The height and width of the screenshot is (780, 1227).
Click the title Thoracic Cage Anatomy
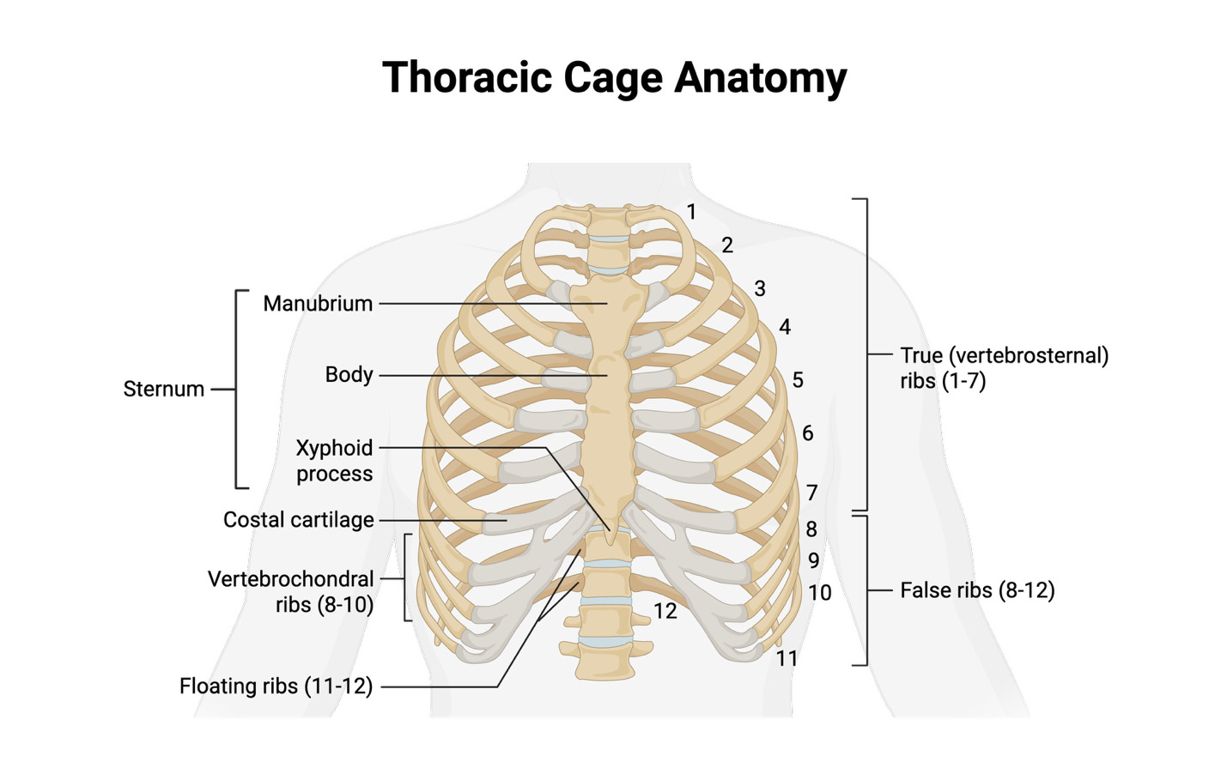pos(614,78)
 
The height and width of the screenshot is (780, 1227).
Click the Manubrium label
pos(318,304)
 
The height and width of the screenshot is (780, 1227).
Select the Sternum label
pos(163,389)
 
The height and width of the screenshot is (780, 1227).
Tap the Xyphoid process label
pos(334,461)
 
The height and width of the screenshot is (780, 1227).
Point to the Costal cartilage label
pos(298,520)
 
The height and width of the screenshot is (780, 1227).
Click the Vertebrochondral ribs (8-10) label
pos(292,592)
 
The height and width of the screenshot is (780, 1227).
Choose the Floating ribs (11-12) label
pos(276,686)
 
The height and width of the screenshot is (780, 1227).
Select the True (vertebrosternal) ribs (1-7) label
pos(1004,368)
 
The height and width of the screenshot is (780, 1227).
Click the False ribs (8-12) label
pos(977,590)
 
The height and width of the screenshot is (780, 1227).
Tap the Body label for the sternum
pos(349,375)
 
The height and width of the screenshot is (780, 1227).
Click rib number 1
pos(691,212)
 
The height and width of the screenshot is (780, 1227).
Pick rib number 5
pos(798,380)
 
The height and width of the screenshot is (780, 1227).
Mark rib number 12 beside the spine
pos(665,611)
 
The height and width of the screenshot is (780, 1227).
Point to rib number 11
pos(787,658)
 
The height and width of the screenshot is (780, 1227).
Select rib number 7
pos(812,493)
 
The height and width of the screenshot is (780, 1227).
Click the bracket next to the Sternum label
pos(238,389)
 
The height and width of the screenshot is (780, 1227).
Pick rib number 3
pos(760,289)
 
